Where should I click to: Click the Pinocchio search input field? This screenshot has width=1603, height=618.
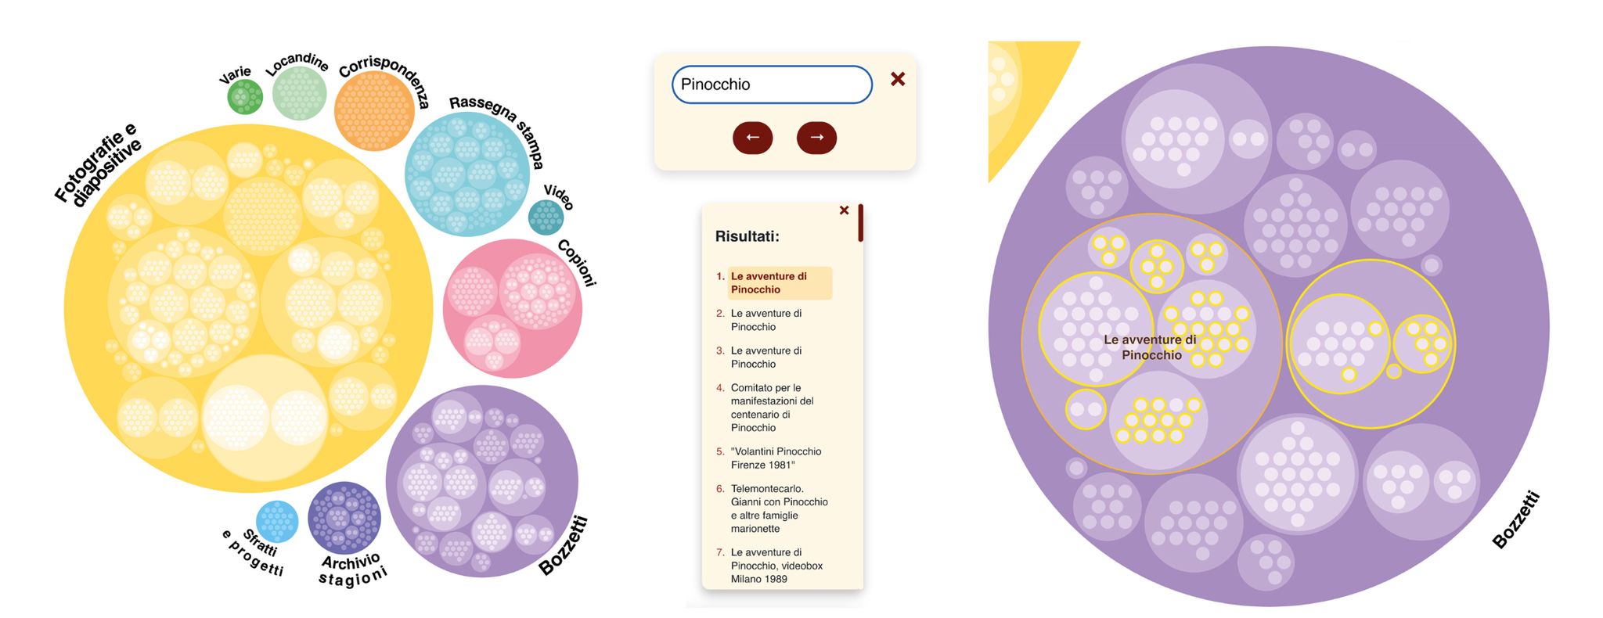pyautogui.click(x=771, y=84)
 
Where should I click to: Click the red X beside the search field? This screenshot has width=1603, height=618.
pyautogui.click(x=898, y=79)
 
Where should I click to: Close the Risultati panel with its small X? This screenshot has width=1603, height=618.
pyautogui.click(x=844, y=210)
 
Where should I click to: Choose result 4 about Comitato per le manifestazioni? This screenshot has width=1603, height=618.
pyautogui.click(x=772, y=408)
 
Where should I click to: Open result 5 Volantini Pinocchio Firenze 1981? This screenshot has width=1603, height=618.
pyautogui.click(x=776, y=458)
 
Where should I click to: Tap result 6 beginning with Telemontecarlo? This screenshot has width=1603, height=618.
pyautogui.click(x=779, y=508)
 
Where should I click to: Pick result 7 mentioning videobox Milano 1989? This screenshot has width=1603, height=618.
pyautogui.click(x=776, y=566)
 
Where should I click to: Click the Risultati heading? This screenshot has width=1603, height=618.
pyautogui.click(x=747, y=236)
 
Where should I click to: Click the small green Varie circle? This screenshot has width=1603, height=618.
pyautogui.click(x=245, y=97)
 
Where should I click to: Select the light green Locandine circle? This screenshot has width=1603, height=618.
pyautogui.click(x=299, y=93)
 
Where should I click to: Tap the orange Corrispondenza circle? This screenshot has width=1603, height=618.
pyautogui.click(x=374, y=111)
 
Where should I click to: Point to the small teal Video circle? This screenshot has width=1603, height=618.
pyautogui.click(x=546, y=217)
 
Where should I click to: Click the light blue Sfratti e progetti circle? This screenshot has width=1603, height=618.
pyautogui.click(x=277, y=522)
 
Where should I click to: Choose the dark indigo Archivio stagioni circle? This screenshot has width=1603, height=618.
pyautogui.click(x=344, y=518)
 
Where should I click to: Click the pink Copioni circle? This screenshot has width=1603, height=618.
pyautogui.click(x=513, y=308)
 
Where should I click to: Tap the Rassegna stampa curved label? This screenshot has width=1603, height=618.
pyautogui.click(x=498, y=125)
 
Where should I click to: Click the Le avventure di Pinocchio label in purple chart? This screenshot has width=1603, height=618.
pyautogui.click(x=1151, y=347)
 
